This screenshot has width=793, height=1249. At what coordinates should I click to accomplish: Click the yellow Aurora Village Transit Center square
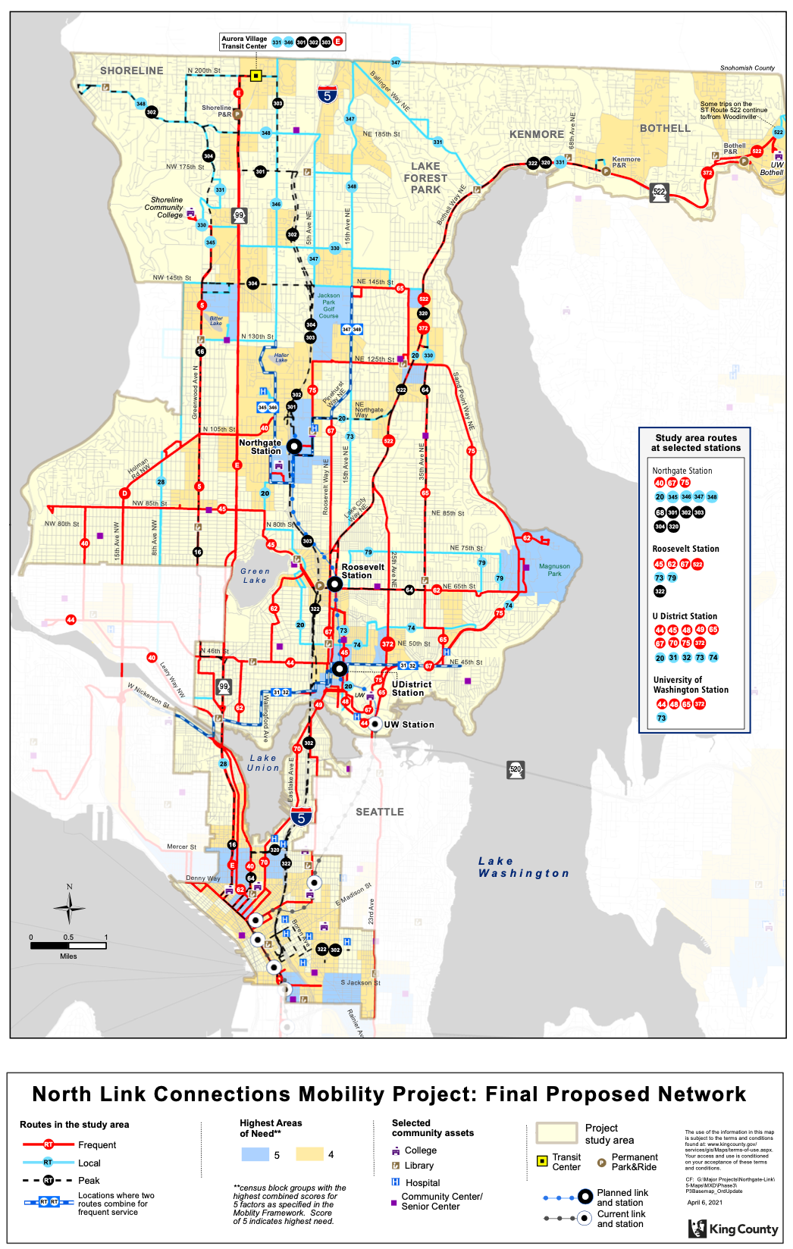(256, 76)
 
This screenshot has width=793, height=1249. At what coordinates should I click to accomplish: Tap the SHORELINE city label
(132, 70)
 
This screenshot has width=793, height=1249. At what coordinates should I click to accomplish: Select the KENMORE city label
(537, 134)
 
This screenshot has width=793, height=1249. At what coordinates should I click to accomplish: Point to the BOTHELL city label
(665, 128)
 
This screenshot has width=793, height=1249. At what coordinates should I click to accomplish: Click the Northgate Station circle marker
(293, 446)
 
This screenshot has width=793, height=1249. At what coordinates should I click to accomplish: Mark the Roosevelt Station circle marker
(334, 584)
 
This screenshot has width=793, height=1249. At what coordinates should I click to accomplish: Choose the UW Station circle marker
(375, 724)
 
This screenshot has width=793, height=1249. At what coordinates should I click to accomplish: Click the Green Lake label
(255, 576)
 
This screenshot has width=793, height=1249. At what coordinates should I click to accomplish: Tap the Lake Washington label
(523, 867)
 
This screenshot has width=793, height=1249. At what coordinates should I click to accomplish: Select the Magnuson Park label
(554, 570)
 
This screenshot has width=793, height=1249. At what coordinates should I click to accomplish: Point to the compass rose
(69, 906)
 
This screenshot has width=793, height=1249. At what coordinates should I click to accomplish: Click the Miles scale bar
(68, 946)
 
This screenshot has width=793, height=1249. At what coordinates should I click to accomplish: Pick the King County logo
(733, 1229)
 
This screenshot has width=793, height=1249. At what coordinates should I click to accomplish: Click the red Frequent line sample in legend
(49, 1144)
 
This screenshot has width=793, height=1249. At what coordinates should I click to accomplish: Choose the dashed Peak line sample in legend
(49, 1180)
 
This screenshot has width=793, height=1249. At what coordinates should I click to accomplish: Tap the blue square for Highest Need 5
(255, 1154)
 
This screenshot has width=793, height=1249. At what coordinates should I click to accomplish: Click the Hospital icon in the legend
(396, 1182)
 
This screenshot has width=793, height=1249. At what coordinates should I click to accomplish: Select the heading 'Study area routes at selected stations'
(695, 443)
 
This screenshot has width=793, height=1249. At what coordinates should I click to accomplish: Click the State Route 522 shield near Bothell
(660, 192)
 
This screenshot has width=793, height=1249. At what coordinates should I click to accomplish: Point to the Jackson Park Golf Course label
(328, 305)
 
